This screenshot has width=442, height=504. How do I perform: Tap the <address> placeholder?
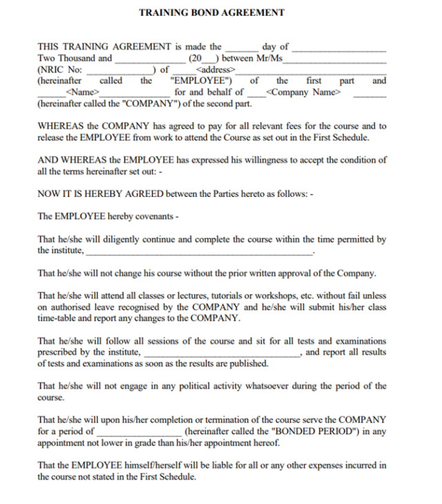point(215,70)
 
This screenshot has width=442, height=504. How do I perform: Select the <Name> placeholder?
point(81,92)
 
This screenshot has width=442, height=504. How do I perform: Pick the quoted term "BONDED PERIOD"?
point(315,431)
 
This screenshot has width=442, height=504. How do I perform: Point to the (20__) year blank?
point(205,59)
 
